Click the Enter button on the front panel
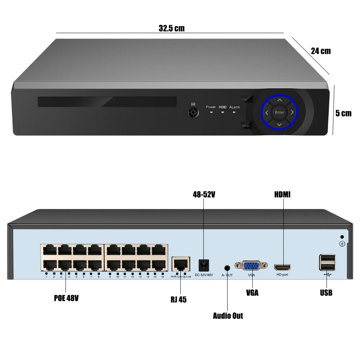tap(280, 112)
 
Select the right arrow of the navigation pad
tap(292, 112)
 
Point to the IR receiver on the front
tap(194, 113)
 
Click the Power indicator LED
tap(211, 112)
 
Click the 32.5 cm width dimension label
tap(171, 28)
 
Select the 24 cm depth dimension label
tap(321, 51)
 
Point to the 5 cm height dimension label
tap(343, 113)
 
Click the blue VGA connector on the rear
tap(251, 266)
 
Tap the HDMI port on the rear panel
tap(283, 267)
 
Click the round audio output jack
tap(227, 268)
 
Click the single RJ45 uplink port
tap(181, 265)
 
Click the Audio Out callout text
tap(228, 316)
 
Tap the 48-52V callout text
tap(204, 195)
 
